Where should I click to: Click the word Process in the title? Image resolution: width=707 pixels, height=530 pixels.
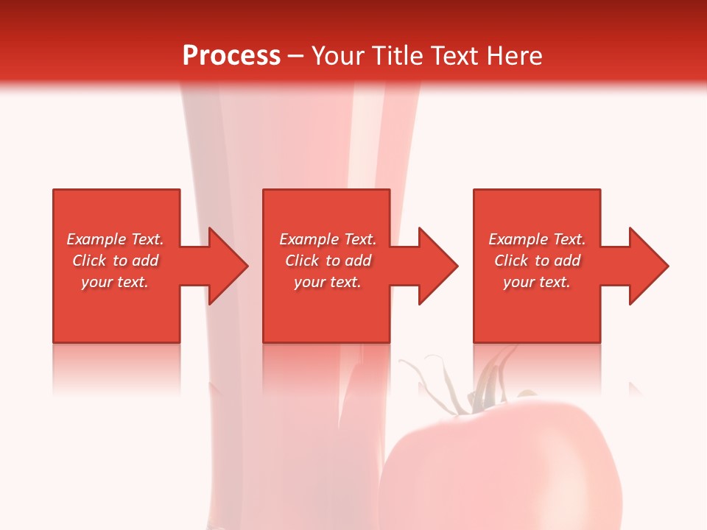[231, 56]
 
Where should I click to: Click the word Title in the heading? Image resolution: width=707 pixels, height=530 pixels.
[397, 56]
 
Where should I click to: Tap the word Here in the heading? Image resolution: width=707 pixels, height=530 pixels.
[515, 56]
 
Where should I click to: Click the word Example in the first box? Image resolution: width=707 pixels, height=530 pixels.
[96, 239]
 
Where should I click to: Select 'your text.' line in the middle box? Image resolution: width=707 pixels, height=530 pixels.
[327, 282]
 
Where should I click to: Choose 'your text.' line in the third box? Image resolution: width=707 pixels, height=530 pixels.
[537, 282]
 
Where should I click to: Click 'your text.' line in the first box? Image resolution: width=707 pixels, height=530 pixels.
[115, 282]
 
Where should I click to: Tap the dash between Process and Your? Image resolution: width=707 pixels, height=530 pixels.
[295, 56]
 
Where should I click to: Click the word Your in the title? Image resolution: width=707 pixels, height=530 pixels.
[338, 56]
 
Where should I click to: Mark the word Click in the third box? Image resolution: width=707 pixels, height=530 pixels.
[511, 261]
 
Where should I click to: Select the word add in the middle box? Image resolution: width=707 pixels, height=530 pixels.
[358, 261]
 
